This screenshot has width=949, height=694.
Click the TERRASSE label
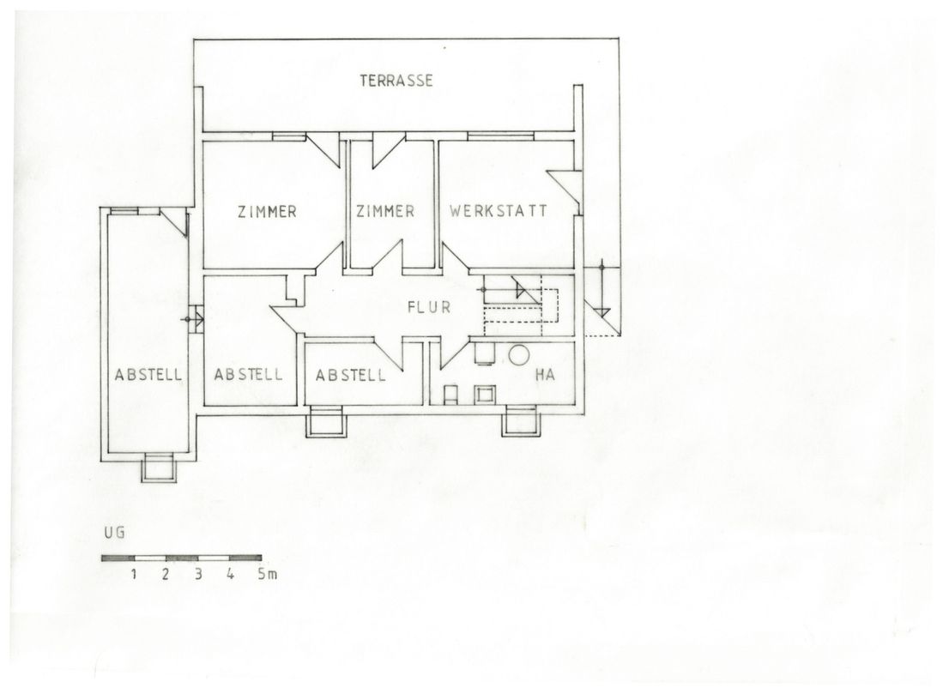coord(396,81)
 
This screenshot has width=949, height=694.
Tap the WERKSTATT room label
coord(499,210)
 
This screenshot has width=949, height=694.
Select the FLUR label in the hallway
coord(429,307)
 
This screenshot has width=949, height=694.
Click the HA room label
coord(545,375)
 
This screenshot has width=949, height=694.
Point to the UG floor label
coord(114,533)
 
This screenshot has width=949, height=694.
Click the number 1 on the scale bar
coord(134,574)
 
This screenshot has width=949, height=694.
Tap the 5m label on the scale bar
coord(267,574)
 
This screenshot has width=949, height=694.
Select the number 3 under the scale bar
coord(198,574)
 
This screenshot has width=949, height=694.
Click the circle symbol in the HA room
coord(518,354)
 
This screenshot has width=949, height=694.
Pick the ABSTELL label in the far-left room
coord(148,375)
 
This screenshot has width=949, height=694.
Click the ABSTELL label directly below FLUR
coord(350,375)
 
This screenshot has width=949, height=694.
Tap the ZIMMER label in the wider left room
coord(267,212)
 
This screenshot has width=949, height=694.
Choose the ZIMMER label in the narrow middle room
coord(385,211)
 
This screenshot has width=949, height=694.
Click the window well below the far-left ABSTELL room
coord(160,468)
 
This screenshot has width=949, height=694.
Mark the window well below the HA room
coord(521,421)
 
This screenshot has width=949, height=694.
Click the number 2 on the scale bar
coord(166,574)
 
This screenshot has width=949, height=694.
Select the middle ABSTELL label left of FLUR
coord(248,374)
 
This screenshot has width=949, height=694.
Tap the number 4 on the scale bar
coord(230,574)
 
